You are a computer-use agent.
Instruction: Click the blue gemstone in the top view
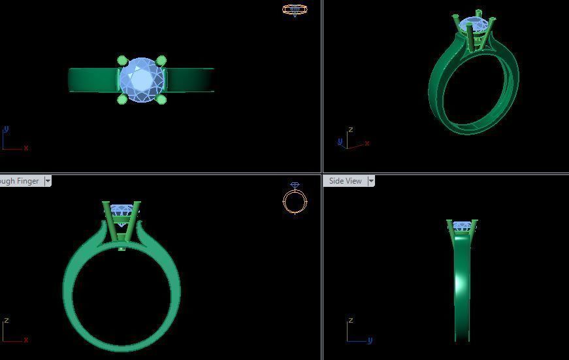coord(142,80)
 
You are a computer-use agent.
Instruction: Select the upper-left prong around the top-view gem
coord(122,61)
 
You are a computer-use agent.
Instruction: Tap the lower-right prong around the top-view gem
coord(161,99)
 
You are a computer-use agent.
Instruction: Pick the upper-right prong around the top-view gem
coord(161,61)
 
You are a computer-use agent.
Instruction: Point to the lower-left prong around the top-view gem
coord(122,99)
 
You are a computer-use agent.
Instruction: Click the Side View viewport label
coord(345,181)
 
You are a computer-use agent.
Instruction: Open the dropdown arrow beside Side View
coord(371,181)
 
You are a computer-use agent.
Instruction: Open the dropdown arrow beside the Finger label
coord(48,181)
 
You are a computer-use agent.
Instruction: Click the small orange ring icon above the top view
coord(295,10)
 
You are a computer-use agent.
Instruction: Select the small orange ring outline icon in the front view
coord(295,201)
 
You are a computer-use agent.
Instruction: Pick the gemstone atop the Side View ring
coord(462,226)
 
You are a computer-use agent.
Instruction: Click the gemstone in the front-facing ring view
coord(122,210)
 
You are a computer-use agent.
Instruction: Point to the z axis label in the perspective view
coord(351,130)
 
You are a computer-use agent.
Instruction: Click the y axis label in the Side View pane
coord(370,340)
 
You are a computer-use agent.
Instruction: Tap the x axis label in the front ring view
coord(26,340)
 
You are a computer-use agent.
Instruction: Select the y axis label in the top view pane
coord(6,129)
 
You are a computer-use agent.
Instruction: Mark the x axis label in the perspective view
coord(368,143)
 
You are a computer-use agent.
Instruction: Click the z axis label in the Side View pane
coord(351,321)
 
